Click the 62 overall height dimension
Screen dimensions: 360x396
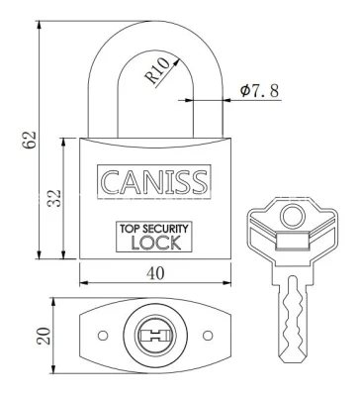[x=29, y=140]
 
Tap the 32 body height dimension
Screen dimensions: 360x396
[x=54, y=198]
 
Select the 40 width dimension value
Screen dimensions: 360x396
[x=155, y=273]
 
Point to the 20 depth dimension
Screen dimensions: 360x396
[x=44, y=336]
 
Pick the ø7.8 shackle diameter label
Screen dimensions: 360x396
[x=260, y=91]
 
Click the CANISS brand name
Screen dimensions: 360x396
[x=154, y=182]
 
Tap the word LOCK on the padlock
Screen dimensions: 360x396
[x=156, y=243]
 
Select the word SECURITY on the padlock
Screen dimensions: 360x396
[x=167, y=229]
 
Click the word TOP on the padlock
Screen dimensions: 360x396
[x=130, y=229]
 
